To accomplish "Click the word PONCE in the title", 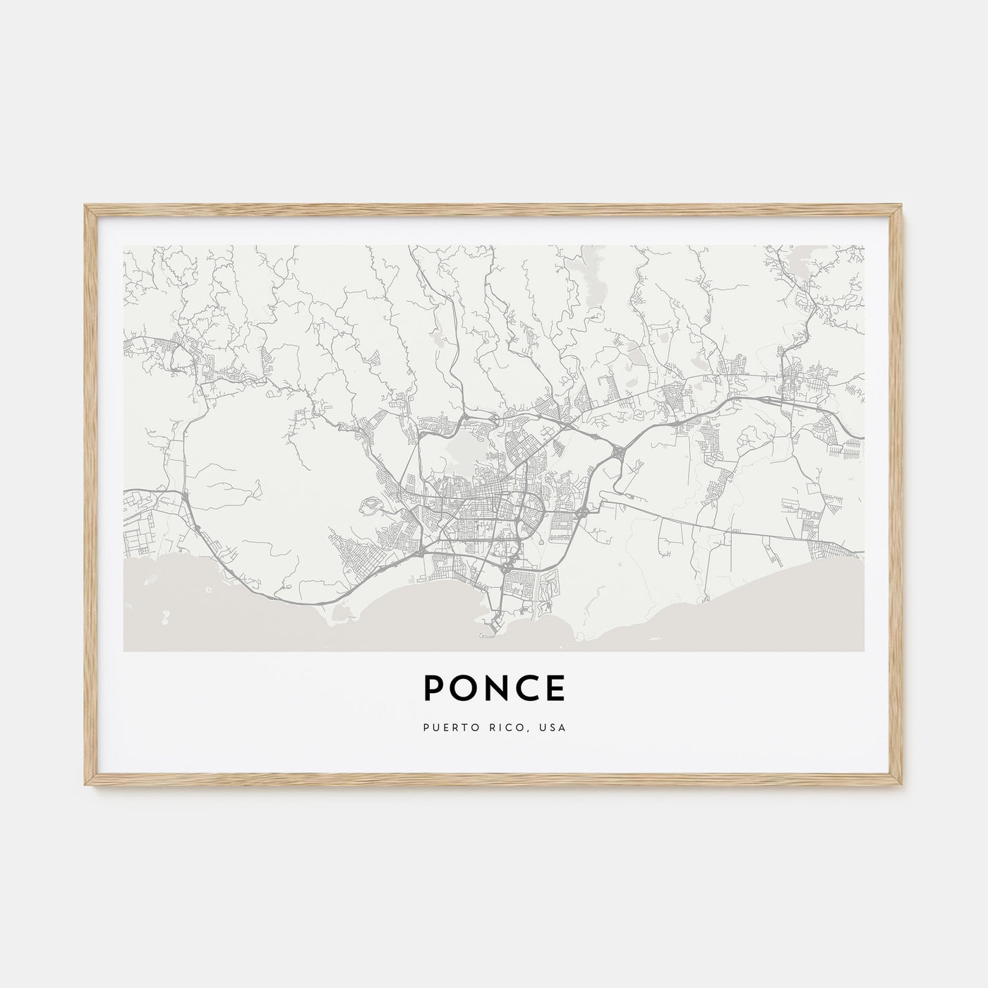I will (x=494, y=689).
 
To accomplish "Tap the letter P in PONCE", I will (x=434, y=689).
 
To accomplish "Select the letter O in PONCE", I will (x=462, y=689).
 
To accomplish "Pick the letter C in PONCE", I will (x=525, y=689).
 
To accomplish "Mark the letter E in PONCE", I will (x=555, y=689).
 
